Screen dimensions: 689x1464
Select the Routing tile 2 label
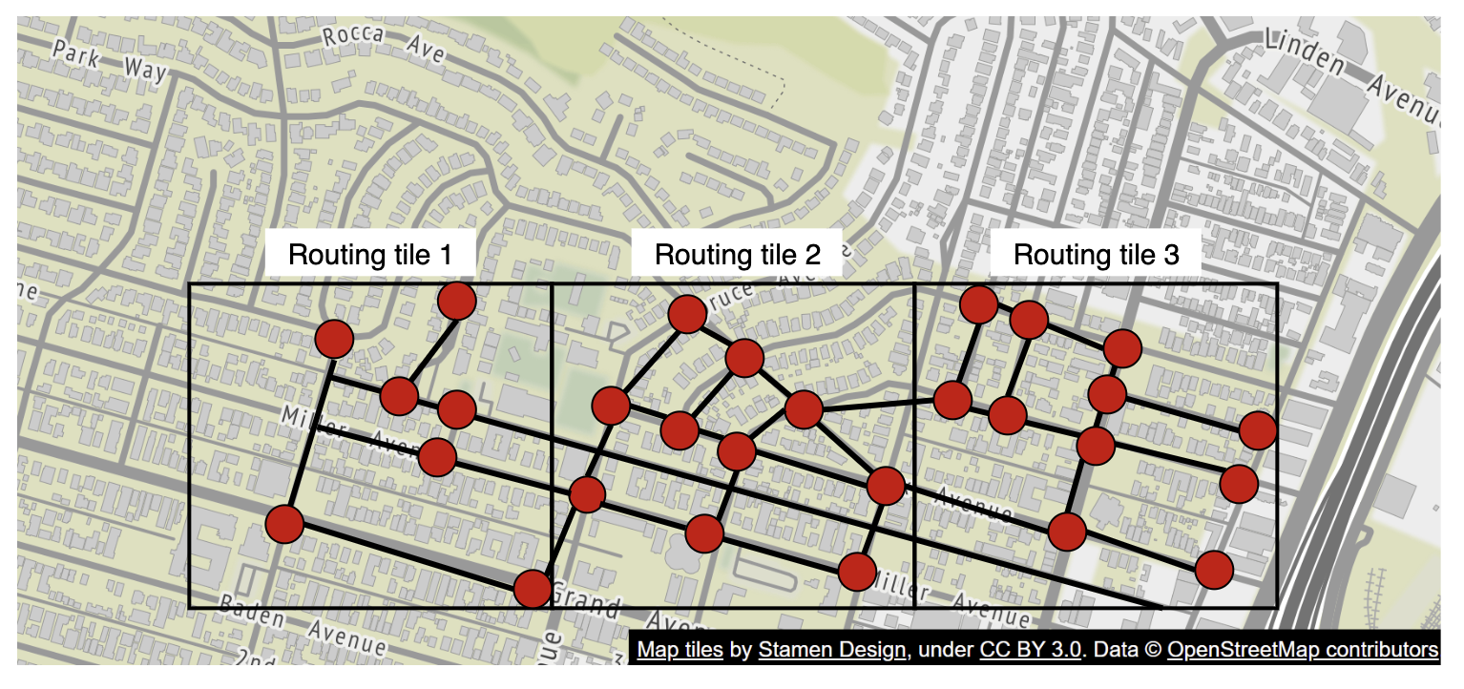(737, 255)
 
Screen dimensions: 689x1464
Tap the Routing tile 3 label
(1096, 255)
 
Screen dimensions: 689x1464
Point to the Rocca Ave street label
(384, 44)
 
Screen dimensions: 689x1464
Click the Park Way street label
(110, 61)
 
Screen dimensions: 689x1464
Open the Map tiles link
(680, 650)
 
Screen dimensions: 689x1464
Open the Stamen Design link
(831, 650)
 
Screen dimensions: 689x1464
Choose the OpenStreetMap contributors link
(1303, 650)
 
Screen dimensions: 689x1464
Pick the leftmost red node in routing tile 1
(284, 524)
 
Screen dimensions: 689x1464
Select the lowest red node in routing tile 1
(532, 588)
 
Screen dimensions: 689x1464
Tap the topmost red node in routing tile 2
(687, 314)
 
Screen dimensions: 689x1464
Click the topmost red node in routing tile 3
(979, 304)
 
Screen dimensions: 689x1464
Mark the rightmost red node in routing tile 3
(1258, 430)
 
